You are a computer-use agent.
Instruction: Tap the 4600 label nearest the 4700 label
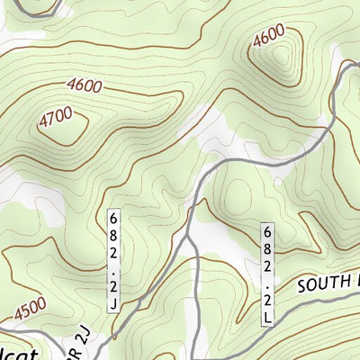tap(84, 87)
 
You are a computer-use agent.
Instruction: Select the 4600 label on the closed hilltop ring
tap(269, 39)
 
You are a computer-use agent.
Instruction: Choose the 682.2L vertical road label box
tap(267, 274)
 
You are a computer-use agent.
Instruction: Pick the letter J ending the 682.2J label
tap(114, 304)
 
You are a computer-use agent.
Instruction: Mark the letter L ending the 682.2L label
tap(267, 318)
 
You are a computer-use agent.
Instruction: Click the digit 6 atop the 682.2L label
tap(267, 230)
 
